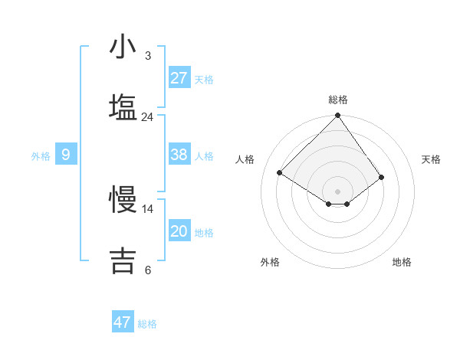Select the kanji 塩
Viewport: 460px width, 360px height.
[123, 107]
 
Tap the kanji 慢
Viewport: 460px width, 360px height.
[123, 200]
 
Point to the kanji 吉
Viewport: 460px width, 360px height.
[123, 260]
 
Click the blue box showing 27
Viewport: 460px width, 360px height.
[179, 78]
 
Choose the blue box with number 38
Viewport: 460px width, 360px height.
[179, 155]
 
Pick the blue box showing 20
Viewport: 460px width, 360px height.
[179, 231]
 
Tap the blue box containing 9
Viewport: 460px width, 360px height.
[66, 155]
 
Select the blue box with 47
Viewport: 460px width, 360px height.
[123, 322]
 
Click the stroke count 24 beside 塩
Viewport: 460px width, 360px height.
[147, 117]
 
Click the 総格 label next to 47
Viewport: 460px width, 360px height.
[147, 324]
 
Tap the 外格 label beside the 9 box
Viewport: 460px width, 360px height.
[41, 156]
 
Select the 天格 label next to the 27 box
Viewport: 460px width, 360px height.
[203, 80]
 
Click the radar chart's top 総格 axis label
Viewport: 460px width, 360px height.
[338, 100]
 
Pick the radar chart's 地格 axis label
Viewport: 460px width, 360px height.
[402, 262]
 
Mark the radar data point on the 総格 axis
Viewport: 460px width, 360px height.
[337, 116]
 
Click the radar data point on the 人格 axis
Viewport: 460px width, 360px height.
[280, 173]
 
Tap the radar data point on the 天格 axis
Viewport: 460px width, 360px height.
[381, 178]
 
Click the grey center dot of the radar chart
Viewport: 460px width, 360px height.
[337, 191]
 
